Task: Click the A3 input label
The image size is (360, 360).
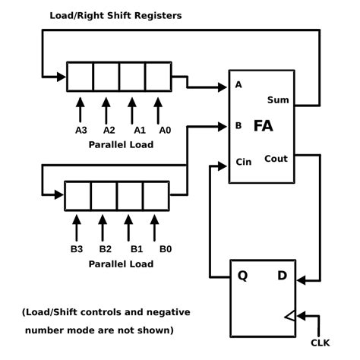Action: click(81, 130)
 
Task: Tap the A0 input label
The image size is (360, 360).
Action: click(165, 130)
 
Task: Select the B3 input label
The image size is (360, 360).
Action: click(77, 249)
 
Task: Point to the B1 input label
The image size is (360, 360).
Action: click(137, 249)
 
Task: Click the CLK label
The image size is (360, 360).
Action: click(321, 343)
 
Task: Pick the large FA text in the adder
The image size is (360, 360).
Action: click(264, 126)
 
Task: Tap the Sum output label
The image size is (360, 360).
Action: click(278, 100)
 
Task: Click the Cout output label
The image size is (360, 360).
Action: click(276, 159)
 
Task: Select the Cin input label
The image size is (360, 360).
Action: click(244, 162)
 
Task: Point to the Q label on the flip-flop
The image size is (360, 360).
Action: click(242, 276)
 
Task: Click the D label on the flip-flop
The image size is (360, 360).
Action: click(282, 276)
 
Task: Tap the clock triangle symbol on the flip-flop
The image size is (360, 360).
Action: click(290, 316)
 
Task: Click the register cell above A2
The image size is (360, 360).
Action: click(106, 77)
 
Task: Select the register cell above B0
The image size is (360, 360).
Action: click(156, 196)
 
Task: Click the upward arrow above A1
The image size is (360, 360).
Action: click(132, 111)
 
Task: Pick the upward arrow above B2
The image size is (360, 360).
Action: click(103, 228)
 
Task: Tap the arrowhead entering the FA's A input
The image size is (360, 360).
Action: click(222, 87)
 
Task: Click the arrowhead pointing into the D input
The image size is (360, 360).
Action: click(302, 280)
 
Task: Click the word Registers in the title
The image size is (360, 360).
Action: click(158, 16)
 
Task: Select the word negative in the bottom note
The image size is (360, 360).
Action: click(169, 312)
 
